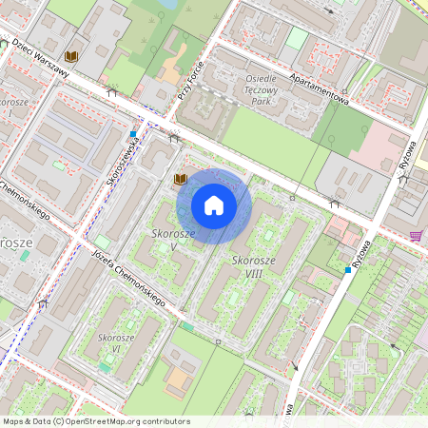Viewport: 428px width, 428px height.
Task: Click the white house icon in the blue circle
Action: click(x=214, y=205)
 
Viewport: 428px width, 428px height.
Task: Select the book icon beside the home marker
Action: click(x=180, y=179)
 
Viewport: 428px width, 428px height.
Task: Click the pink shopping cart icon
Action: click(x=416, y=235)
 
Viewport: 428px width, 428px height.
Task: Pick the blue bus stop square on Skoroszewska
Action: click(x=136, y=134)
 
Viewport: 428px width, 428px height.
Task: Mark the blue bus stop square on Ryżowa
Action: click(x=348, y=270)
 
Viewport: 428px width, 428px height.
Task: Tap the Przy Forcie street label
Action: click(x=190, y=82)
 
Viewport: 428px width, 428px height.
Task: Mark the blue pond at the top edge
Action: click(x=168, y=4)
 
